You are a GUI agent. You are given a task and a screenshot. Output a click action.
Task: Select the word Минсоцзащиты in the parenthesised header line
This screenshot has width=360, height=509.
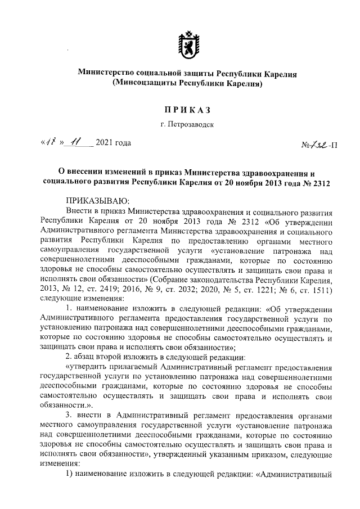point(145,83)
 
